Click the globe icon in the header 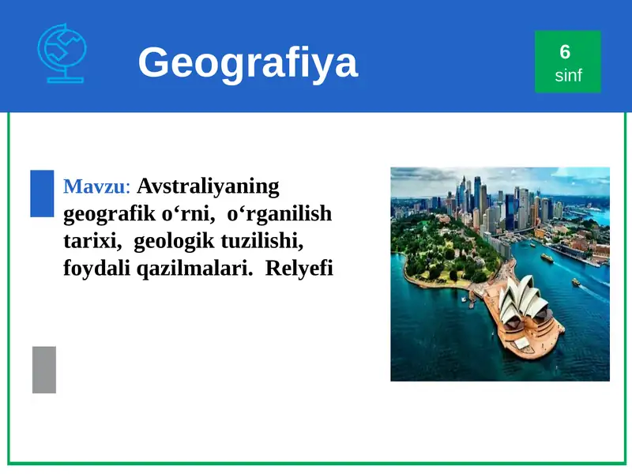[62, 53]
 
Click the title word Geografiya [247, 62]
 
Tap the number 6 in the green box [565, 52]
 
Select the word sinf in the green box [568, 77]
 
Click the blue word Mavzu [93, 187]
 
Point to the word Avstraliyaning [209, 186]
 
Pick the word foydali [96, 268]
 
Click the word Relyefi [299, 268]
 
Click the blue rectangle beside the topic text [42, 193]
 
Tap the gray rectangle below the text [44, 369]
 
